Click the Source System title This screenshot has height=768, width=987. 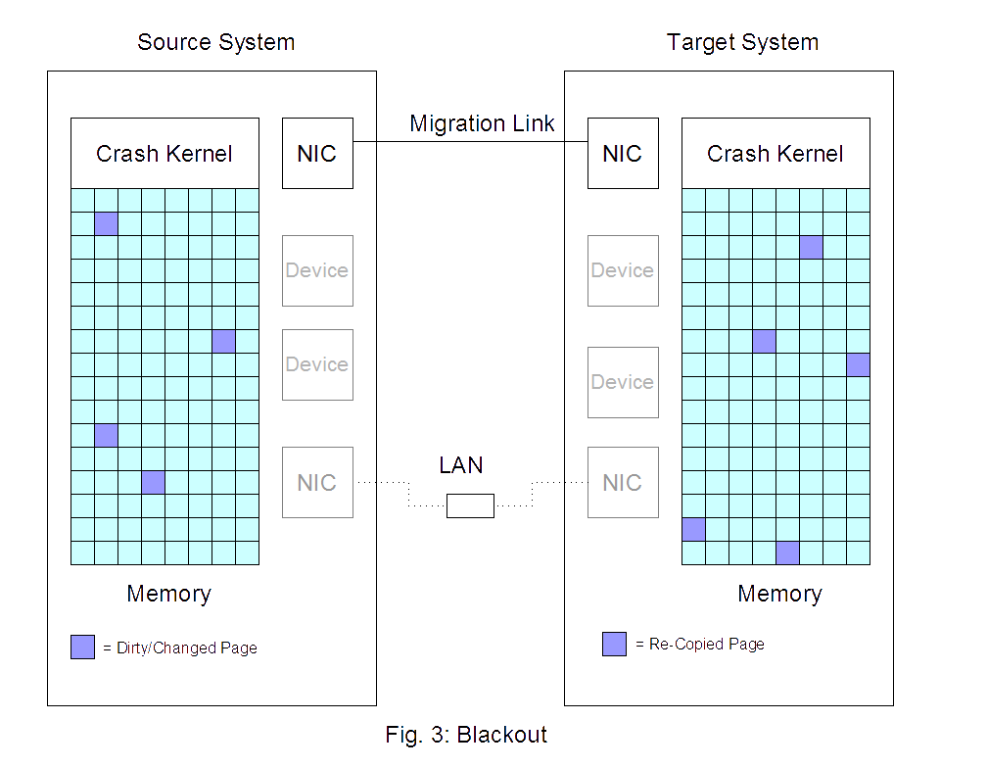(215, 43)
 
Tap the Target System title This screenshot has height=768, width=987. (742, 43)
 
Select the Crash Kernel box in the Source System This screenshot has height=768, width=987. (164, 154)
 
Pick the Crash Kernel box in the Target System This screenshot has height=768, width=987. (775, 154)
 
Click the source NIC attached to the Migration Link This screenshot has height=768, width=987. (317, 153)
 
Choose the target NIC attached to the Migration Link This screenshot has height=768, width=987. (623, 153)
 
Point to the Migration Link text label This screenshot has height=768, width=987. (482, 123)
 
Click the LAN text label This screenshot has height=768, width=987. (461, 465)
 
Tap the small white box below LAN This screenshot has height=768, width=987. (470, 505)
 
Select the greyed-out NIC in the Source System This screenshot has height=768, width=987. (317, 482)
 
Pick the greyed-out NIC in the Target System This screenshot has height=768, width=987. (623, 482)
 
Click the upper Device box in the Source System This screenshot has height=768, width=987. (317, 270)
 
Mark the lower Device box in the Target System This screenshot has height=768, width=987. (623, 382)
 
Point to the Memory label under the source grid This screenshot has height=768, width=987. (168, 594)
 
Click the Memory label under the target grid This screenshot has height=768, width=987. (779, 594)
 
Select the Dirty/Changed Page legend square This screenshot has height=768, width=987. (82, 647)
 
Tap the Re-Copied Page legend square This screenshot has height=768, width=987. (614, 644)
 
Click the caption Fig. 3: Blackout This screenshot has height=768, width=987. (466, 735)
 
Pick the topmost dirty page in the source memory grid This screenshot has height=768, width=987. (106, 223)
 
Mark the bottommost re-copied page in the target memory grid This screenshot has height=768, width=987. (787, 552)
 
